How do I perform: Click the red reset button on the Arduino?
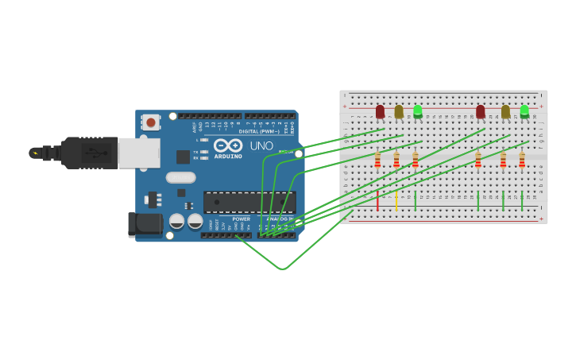click(x=150, y=122)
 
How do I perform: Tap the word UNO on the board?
click(x=261, y=146)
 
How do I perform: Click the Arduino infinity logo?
click(x=228, y=146)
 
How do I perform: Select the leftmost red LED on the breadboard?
click(x=380, y=111)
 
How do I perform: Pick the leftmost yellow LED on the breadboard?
click(x=399, y=111)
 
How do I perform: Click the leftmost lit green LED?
click(x=418, y=111)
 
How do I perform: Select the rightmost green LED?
click(x=524, y=111)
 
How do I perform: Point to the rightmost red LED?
click(x=480, y=111)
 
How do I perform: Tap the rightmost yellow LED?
click(x=505, y=111)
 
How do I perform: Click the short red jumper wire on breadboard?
click(x=377, y=200)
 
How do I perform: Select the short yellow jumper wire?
click(x=396, y=200)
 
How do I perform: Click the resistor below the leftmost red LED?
click(x=377, y=161)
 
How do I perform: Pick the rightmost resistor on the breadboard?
click(x=522, y=161)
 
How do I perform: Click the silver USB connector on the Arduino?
click(x=138, y=153)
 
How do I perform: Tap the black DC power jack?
click(x=145, y=224)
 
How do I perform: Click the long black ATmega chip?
click(x=249, y=202)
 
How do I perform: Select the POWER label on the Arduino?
click(x=241, y=219)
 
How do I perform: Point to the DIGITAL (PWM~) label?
click(x=264, y=131)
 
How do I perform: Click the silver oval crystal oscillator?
click(x=180, y=178)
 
